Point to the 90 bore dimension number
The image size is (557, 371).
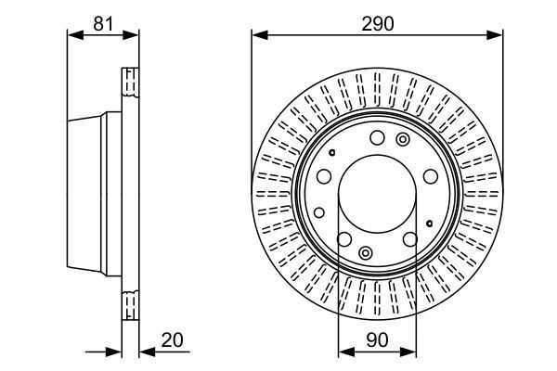tap(377, 341)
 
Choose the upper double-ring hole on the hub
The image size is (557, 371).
tap(402, 139)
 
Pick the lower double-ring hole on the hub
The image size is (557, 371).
tap(365, 252)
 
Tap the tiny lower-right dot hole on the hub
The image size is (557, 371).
tap(429, 224)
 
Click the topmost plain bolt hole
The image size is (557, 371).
tap(376, 138)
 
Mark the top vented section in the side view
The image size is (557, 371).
tap(131, 83)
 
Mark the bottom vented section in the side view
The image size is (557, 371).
tap(131, 306)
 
